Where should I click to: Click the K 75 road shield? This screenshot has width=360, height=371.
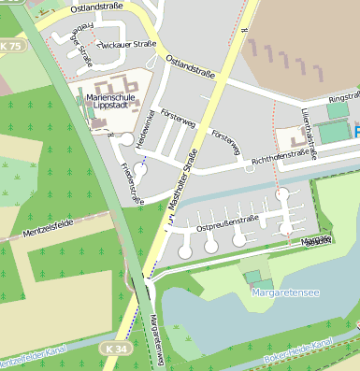11,46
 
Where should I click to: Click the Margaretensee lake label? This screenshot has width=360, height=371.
285,293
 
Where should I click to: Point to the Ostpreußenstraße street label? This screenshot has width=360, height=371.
227,222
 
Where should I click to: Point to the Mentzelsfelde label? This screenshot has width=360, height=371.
48,224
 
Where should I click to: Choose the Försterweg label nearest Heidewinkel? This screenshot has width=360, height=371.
178,122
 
